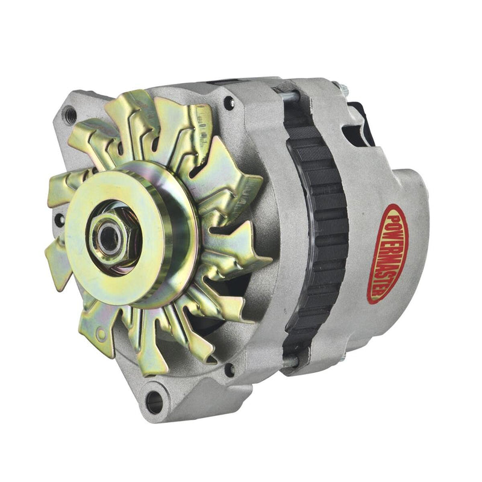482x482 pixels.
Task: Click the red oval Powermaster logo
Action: tap(386, 252)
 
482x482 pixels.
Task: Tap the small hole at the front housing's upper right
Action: tap(229, 102)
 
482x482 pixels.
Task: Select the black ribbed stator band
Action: tap(316, 229)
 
